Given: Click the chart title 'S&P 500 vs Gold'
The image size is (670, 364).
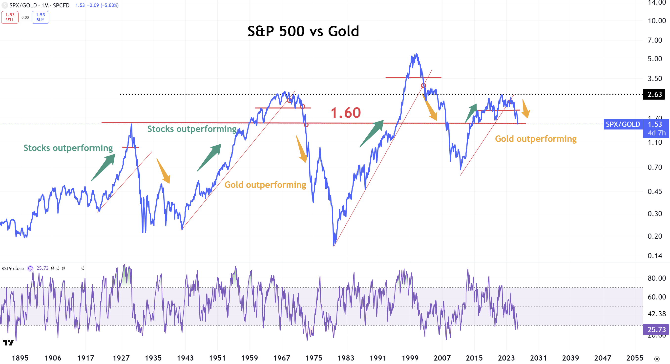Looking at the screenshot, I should click(x=303, y=31).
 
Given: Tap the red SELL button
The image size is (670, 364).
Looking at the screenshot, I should click(x=10, y=17).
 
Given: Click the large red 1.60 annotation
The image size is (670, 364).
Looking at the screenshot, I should click(x=345, y=113).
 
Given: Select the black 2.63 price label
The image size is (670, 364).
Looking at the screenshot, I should click(x=654, y=94).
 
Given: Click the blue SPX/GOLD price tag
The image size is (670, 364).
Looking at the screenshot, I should click(x=623, y=124).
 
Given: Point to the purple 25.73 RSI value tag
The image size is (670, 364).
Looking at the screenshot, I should click(x=656, y=329).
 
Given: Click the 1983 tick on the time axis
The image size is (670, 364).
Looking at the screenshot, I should click(x=346, y=358).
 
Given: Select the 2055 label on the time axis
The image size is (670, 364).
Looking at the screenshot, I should click(x=635, y=358).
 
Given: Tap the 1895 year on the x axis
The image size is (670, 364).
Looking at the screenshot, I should click(x=20, y=358).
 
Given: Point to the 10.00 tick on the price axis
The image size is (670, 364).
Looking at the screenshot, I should click(x=656, y=21).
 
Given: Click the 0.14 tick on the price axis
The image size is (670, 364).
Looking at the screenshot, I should click(x=655, y=256).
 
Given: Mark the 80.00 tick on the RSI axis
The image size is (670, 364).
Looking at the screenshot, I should click(x=656, y=278).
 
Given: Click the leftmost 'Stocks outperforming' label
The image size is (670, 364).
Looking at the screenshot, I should click(x=68, y=148).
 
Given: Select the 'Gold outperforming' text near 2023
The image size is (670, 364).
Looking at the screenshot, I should click(x=536, y=139).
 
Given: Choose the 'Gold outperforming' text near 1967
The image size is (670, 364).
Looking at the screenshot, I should click(x=265, y=185).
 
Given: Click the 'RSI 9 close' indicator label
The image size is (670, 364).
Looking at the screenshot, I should click(x=13, y=268).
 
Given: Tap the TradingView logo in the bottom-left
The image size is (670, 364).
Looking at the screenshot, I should click(x=8, y=343).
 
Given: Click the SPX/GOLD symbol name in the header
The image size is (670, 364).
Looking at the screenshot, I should click(x=23, y=5).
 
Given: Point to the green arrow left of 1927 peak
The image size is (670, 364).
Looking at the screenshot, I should click(x=103, y=167).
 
